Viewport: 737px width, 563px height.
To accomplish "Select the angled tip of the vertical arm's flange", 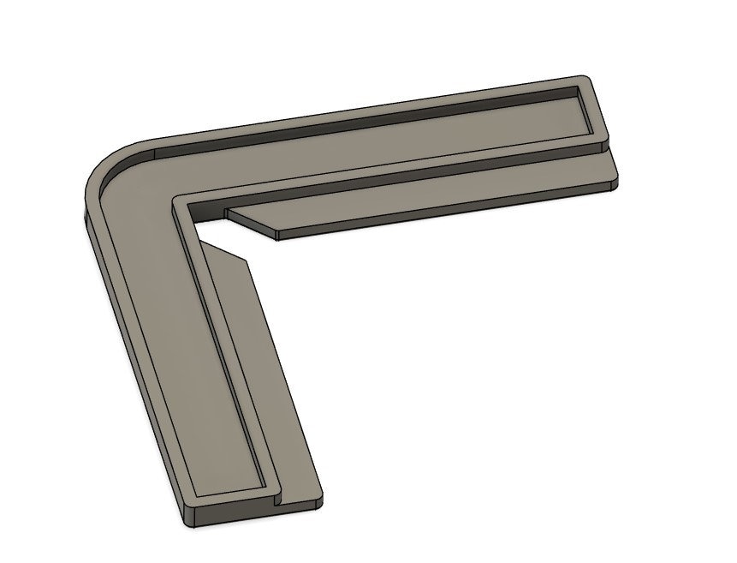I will (247, 261).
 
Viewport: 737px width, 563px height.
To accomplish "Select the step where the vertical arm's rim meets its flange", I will (276, 494).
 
